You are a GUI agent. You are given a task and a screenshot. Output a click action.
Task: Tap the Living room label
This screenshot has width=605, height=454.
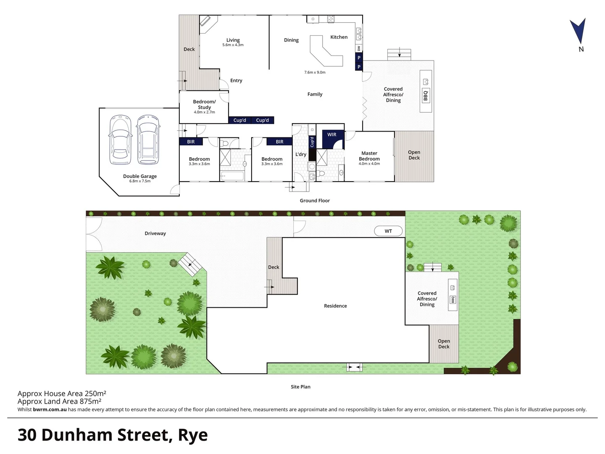pyautogui.click(x=233, y=40)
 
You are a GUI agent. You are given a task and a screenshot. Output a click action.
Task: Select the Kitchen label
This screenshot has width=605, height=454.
pyautogui.click(x=339, y=37)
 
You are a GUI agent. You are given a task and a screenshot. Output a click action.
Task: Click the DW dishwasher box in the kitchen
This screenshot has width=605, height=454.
pyautogui.click(x=359, y=49)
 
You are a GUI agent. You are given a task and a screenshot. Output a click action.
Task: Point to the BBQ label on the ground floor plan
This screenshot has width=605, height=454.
pyautogui.click(x=426, y=95)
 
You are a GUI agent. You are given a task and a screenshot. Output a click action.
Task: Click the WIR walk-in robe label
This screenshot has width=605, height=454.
pyautogui.click(x=331, y=135)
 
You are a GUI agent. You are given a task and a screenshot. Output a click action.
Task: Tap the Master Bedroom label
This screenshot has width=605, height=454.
pyautogui.click(x=369, y=156)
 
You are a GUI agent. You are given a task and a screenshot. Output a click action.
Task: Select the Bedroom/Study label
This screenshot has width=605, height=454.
pyautogui.click(x=204, y=104)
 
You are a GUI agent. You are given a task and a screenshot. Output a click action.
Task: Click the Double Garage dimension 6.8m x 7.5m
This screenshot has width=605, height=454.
pyautogui.click(x=139, y=181)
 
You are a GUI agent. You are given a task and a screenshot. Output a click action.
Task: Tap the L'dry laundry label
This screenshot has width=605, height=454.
pyautogui.click(x=300, y=154)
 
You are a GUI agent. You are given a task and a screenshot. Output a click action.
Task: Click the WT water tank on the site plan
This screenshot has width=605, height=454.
pyautogui.click(x=388, y=231)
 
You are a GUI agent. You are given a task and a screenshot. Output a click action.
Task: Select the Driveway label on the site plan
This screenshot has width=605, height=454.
pyautogui.click(x=155, y=233)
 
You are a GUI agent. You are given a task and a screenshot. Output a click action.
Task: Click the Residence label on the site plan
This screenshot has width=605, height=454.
pyautogui.click(x=335, y=306)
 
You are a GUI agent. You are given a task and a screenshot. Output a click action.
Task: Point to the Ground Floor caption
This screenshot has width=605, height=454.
pyautogui.click(x=315, y=201)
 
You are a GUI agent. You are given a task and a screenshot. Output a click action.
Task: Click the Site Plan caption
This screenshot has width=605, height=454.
pyautogui.click(x=300, y=387)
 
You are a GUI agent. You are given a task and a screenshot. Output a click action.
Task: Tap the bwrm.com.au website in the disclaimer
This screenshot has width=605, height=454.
pyautogui.click(x=50, y=409)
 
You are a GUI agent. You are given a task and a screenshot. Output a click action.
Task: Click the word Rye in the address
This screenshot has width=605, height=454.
pyautogui.click(x=193, y=435)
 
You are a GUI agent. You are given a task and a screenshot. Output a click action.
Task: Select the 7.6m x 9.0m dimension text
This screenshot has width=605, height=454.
pyautogui.click(x=315, y=72)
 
